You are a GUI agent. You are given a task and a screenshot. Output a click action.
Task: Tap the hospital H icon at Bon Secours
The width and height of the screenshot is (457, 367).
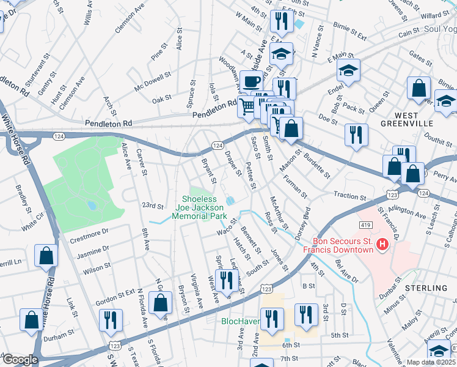tap(382, 245)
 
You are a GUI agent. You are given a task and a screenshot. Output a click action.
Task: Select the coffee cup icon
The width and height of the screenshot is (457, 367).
tap(250, 81)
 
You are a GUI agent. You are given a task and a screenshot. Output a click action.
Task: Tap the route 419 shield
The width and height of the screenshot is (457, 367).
tap(365, 224)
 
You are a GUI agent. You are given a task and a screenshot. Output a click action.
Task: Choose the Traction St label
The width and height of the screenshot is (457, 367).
tap(349, 195)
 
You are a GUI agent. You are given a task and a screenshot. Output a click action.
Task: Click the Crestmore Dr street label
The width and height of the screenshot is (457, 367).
tap(89, 232)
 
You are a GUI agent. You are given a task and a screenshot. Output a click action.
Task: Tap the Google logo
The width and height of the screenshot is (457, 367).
tap(20, 360)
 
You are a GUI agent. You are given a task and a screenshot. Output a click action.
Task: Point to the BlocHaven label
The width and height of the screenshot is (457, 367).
tap(241, 321)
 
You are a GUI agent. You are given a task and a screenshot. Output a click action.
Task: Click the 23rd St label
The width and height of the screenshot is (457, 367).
tap(153, 206)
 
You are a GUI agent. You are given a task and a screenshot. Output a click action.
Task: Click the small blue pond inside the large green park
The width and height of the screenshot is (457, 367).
tap(92, 206)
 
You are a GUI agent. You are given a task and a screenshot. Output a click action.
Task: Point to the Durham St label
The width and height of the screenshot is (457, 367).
tap(59, 336)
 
